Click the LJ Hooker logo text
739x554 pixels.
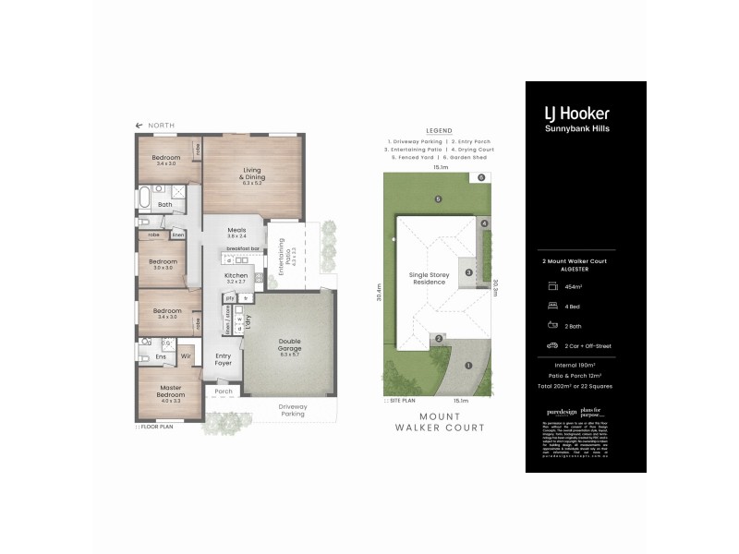click(575, 114)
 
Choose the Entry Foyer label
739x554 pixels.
click(223, 359)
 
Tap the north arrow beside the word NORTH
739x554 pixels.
click(139, 125)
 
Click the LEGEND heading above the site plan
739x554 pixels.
click(439, 130)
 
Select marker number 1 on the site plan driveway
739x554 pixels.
click(468, 365)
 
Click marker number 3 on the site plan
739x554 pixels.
click(468, 272)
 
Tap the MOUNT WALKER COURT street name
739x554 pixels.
click(441, 422)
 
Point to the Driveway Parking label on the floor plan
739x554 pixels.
click(293, 409)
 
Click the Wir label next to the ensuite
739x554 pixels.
click(186, 355)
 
